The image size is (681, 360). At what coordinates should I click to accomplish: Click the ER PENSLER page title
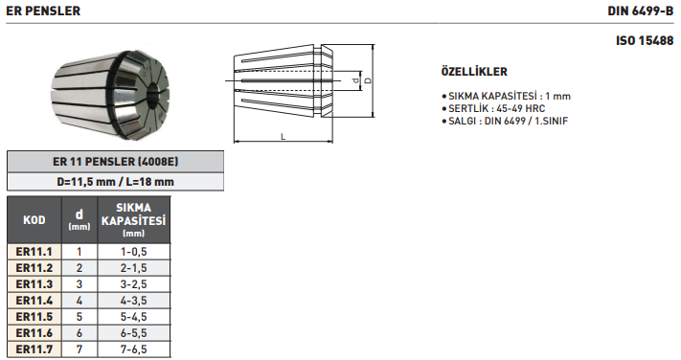tap(43, 11)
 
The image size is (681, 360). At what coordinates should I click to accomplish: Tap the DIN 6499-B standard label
tap(640, 11)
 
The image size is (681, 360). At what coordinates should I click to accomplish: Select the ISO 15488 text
tap(645, 41)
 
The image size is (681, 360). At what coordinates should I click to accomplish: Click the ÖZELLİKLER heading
tap(474, 71)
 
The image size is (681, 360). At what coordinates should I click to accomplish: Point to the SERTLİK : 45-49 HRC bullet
tap(493, 108)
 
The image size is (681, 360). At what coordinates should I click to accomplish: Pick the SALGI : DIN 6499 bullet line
tap(505, 121)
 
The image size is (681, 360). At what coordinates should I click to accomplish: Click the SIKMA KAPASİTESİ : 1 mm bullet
tap(506, 96)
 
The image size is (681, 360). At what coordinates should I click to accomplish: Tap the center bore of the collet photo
tap(153, 94)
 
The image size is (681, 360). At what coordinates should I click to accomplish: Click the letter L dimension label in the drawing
tap(284, 137)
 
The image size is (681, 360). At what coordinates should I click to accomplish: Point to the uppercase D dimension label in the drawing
tap(368, 80)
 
